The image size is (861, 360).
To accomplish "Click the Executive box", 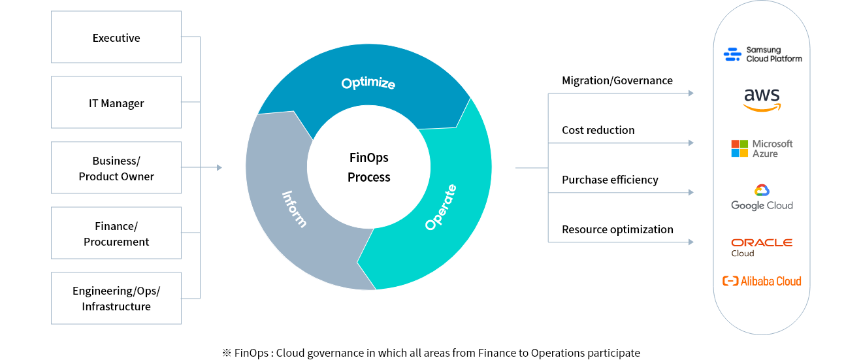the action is (x=116, y=37).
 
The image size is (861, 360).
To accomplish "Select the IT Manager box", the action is (x=116, y=103).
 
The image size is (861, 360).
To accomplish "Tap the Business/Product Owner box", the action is (x=116, y=168).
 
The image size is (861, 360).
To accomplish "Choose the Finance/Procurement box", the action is (x=116, y=233).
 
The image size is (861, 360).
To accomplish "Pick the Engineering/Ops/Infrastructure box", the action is (x=116, y=299).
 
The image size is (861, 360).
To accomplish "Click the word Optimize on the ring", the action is (x=368, y=83).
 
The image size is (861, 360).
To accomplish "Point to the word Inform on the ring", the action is (x=295, y=209).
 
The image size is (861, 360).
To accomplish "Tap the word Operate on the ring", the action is (x=441, y=207).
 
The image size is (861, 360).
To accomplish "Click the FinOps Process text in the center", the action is (x=368, y=167).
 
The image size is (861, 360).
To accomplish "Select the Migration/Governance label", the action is (x=617, y=80).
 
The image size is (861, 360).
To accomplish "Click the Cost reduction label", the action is (x=598, y=130).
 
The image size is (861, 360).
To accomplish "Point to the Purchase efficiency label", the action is (x=610, y=180).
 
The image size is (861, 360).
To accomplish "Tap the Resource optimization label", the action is (x=618, y=229).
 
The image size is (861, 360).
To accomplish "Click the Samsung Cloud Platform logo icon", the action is (x=732, y=54).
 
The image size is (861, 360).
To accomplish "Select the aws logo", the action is (x=762, y=100).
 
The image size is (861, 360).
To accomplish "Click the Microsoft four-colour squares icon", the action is (x=739, y=148).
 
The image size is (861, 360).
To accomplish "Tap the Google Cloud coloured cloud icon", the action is (x=762, y=190).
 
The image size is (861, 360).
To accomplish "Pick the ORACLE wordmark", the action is (x=762, y=242).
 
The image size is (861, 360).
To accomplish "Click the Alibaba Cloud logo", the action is (x=762, y=281).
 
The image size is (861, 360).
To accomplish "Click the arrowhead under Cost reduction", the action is (x=691, y=142).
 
